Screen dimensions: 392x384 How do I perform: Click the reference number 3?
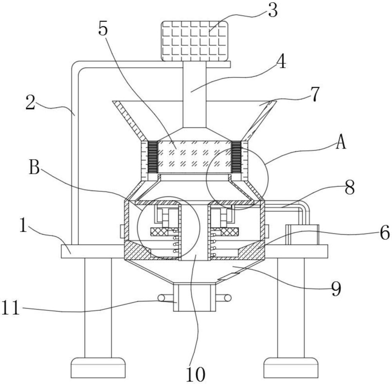pyautogui.click(x=273, y=10)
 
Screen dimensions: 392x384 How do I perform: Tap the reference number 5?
pyautogui.click(x=103, y=29)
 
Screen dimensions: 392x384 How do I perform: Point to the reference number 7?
pyautogui.click(x=315, y=94)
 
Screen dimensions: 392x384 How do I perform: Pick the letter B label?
pyautogui.click(x=34, y=167)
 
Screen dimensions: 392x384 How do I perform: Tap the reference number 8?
pyautogui.click(x=350, y=187)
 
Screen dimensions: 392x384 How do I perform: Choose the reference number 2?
pyautogui.click(x=31, y=103)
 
